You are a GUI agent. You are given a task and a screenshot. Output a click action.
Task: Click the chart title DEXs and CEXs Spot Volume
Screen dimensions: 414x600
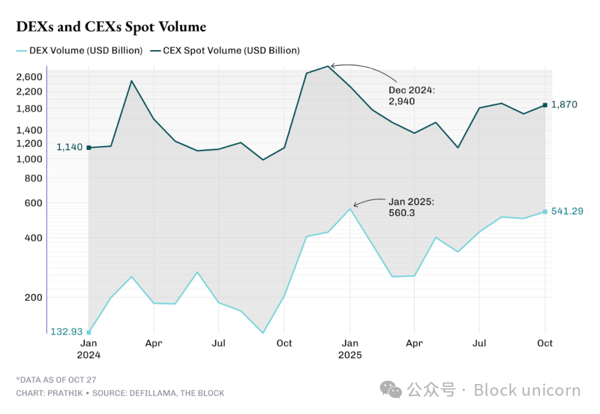pos(111,26)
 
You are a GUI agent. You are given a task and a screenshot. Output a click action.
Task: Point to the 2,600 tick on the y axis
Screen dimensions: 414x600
pos(29,77)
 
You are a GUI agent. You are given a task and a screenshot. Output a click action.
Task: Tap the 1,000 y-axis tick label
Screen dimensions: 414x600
pos(29,159)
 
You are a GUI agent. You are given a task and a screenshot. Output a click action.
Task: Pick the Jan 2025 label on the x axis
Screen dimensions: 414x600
pos(350,349)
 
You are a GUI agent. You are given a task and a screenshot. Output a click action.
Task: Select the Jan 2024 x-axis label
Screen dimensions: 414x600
pos(88,349)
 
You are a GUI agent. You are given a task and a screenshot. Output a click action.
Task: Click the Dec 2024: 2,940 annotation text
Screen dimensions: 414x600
pos(411,95)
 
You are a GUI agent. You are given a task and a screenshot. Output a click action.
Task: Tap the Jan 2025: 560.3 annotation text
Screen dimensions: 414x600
pos(411,207)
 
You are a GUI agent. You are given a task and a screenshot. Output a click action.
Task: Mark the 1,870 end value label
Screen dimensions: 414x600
pos(564,104)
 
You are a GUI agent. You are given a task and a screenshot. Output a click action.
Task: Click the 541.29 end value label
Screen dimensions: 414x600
pos(567,211)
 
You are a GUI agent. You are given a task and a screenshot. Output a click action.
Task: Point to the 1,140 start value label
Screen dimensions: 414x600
pos(69,147)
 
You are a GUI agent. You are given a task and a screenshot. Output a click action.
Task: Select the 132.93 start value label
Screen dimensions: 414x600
pos(67,332)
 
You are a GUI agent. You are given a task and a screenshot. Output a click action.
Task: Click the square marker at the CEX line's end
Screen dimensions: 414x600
pos(545,105)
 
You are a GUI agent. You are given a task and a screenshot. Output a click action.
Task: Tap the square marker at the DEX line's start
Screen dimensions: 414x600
pos(88,332)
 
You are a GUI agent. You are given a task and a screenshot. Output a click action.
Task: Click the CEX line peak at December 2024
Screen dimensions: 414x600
pos(328,66)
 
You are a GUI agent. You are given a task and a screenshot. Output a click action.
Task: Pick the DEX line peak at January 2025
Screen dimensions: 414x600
pos(350,208)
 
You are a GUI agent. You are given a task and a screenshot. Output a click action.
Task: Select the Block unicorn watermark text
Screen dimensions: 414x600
pos(527,390)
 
